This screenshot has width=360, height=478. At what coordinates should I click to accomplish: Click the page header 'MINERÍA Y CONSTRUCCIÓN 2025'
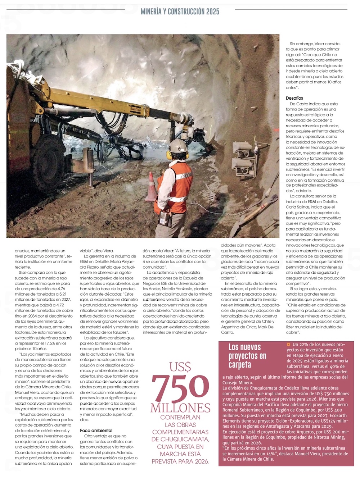pos(180,12)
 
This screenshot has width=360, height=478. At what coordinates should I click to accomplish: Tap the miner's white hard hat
pos(177,145)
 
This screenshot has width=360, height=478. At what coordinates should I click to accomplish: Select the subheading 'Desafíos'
pos(294,98)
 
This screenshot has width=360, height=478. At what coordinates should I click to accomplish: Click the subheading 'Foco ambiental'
pos(96,431)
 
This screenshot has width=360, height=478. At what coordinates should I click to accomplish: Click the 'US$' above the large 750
pos(180,368)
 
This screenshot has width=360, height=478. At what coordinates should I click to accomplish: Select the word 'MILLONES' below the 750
pos(180,408)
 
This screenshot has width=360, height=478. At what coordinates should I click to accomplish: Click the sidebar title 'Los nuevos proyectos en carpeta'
pos(247,356)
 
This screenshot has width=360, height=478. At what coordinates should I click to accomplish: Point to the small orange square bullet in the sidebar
pos(288,345)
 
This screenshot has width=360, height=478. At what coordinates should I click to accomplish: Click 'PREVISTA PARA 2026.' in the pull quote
pos(180,461)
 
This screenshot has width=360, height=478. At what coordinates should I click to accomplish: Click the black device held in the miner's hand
pos(165,218)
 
